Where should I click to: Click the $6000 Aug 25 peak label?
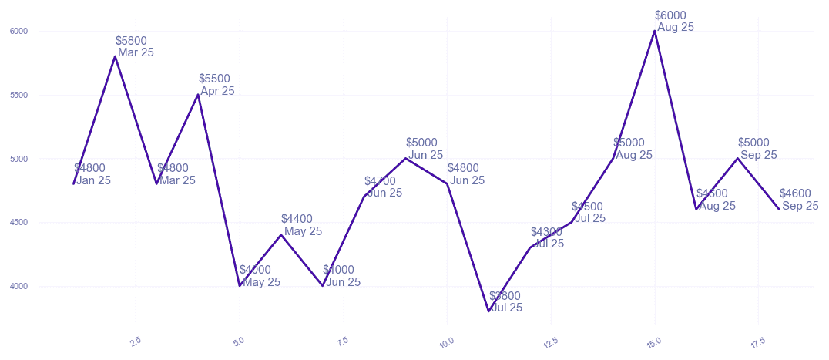[674, 21]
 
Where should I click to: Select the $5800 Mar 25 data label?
[134, 46]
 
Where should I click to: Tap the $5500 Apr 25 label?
[216, 85]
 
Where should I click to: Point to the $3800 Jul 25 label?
[505, 301]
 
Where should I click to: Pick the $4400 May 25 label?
[301, 225]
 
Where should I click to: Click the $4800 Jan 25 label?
[92, 174]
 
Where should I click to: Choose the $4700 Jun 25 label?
[383, 187]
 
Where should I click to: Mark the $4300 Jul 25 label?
[547, 237]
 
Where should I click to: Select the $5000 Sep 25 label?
[757, 149]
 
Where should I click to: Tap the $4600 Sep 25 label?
[798, 200]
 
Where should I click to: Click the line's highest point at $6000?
[655, 31]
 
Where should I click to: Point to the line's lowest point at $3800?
[488, 311]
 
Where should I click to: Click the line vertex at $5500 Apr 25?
[198, 95]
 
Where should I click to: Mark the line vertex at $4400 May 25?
[281, 235]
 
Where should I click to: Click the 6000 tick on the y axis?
[18, 32]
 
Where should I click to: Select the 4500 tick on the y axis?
[18, 223]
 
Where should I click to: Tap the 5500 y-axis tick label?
[18, 96]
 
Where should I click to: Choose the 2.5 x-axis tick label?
[136, 341]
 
